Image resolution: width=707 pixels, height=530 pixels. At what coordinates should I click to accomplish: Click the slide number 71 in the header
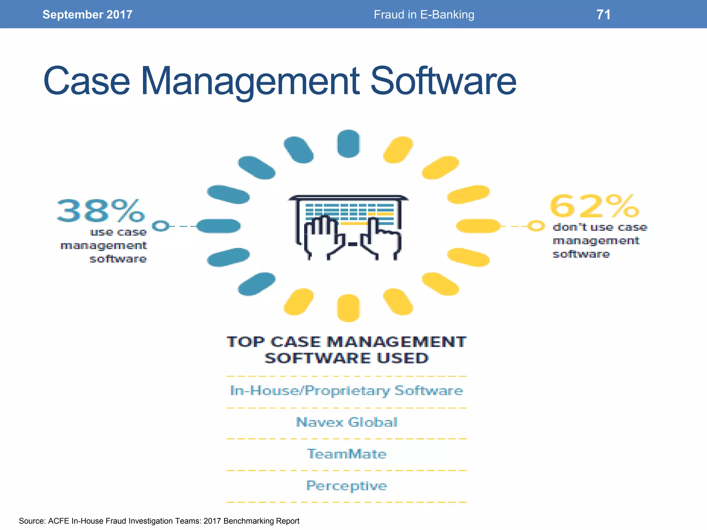(x=603, y=14)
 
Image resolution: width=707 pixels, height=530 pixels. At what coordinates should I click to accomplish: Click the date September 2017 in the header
(x=87, y=14)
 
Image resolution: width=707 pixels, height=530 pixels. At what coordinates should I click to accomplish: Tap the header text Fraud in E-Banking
(x=424, y=14)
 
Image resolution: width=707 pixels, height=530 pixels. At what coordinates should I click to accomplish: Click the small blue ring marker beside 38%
(x=161, y=226)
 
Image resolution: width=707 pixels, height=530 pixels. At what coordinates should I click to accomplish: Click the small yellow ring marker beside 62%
(x=536, y=226)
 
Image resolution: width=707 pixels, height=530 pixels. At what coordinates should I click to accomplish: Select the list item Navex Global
(x=347, y=422)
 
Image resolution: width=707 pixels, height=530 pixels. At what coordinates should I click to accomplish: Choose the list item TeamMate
(x=347, y=454)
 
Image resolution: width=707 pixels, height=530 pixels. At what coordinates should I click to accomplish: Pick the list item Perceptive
(x=347, y=486)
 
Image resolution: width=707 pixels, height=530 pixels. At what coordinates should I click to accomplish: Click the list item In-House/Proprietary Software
(x=347, y=391)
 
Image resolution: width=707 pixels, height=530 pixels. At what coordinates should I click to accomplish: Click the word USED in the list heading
(x=403, y=358)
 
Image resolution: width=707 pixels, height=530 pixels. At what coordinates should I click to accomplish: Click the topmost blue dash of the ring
(x=348, y=144)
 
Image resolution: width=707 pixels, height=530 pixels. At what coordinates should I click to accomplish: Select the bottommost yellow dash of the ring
(x=348, y=308)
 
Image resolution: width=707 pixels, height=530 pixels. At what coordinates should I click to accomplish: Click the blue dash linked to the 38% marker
(x=219, y=226)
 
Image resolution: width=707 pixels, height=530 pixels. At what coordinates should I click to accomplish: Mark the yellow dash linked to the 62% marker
(x=478, y=226)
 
